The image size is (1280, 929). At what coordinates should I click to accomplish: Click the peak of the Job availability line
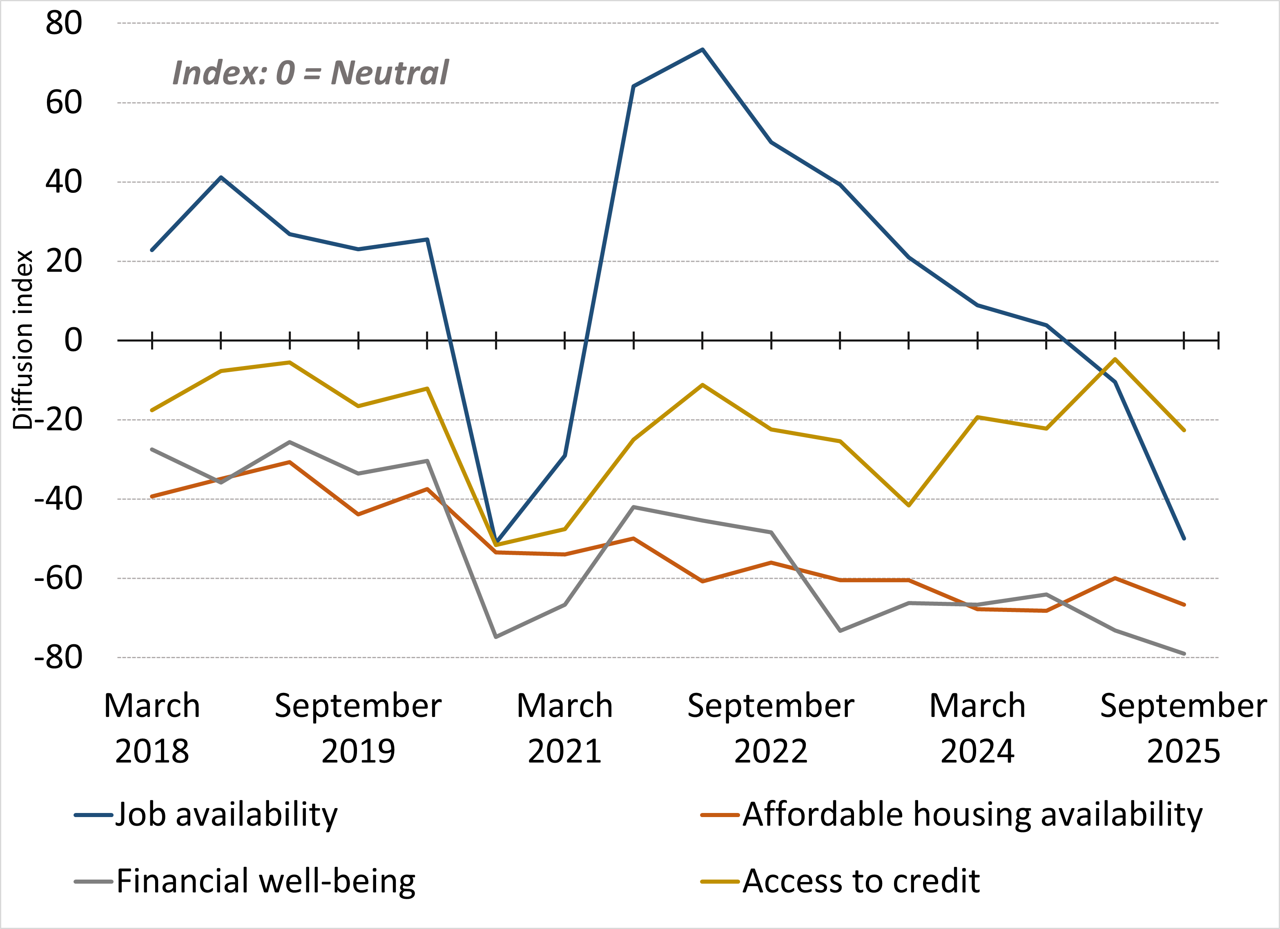[702, 50]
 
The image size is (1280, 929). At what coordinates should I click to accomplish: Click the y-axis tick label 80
[64, 24]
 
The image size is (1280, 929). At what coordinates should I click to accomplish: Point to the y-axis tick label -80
[58, 657]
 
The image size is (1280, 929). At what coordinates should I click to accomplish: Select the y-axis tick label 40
[64, 182]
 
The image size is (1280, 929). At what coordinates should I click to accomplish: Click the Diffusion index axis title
[22, 340]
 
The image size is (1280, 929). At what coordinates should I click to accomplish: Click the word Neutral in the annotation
[389, 74]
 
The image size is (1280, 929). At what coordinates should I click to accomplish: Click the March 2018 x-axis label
[152, 728]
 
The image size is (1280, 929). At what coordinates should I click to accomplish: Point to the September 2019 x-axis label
[358, 728]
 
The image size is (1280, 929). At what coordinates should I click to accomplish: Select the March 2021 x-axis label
[564, 728]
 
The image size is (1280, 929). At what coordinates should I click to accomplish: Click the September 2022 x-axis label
[771, 728]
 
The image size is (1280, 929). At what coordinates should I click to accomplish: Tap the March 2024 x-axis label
[977, 728]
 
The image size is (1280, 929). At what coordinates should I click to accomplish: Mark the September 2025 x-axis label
[1184, 728]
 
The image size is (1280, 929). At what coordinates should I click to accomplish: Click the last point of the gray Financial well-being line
[1184, 654]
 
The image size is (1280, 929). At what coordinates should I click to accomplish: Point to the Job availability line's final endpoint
[1184, 538]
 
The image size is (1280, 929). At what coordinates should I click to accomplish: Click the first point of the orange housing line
[152, 496]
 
